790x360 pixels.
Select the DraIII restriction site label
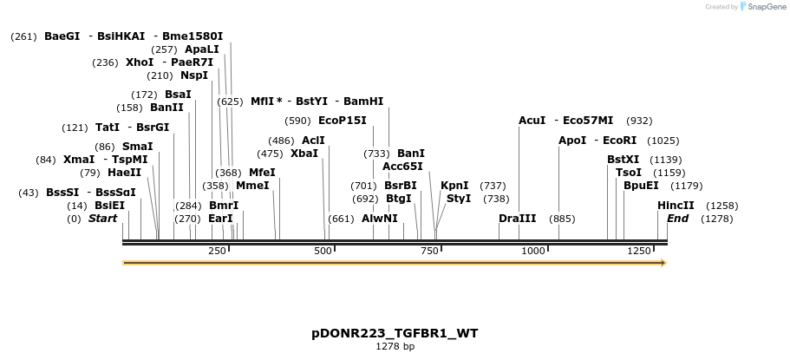coord(517,219)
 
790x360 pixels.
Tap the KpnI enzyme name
coord(454,186)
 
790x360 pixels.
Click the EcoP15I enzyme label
coord(342,121)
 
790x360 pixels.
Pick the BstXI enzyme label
coord(623,160)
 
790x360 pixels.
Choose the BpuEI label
coord(641,186)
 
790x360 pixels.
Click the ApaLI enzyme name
coord(201,49)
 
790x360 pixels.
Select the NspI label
coord(193,75)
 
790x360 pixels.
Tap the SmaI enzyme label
coord(137,147)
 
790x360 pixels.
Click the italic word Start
coord(102,219)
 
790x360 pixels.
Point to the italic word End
coord(677,219)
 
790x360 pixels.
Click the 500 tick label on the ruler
coord(323,251)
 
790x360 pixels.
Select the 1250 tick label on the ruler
coord(638,251)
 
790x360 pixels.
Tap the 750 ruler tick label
coord(428,251)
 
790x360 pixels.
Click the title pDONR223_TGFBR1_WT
coord(395,333)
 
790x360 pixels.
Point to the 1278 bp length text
coord(395,347)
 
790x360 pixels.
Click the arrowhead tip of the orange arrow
coord(664,262)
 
